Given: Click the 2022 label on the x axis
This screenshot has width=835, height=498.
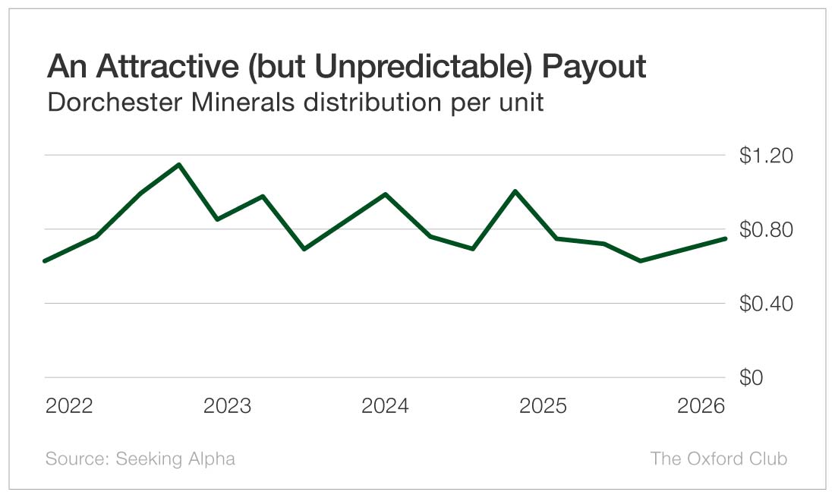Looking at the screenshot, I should point(69,406).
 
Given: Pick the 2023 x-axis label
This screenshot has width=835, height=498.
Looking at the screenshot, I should point(227,406).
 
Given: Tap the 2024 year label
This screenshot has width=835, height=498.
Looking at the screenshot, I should point(385,406).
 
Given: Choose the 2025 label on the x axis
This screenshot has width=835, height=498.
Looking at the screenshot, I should point(543,406).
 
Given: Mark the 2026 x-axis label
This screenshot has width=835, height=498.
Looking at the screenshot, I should point(701,406).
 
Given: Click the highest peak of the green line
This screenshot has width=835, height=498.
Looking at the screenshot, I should point(178,165).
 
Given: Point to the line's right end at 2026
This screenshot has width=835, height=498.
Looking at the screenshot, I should point(725,238).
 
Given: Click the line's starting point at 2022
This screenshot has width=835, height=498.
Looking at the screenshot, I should point(46,260).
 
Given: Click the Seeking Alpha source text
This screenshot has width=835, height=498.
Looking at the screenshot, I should point(175,459).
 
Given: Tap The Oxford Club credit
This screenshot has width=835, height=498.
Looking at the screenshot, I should point(718,459).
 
